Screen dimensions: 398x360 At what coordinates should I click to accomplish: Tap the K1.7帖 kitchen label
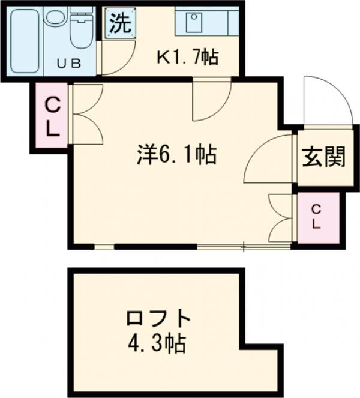tap(187, 58)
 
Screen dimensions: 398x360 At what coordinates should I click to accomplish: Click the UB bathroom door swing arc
tap(117, 57)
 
